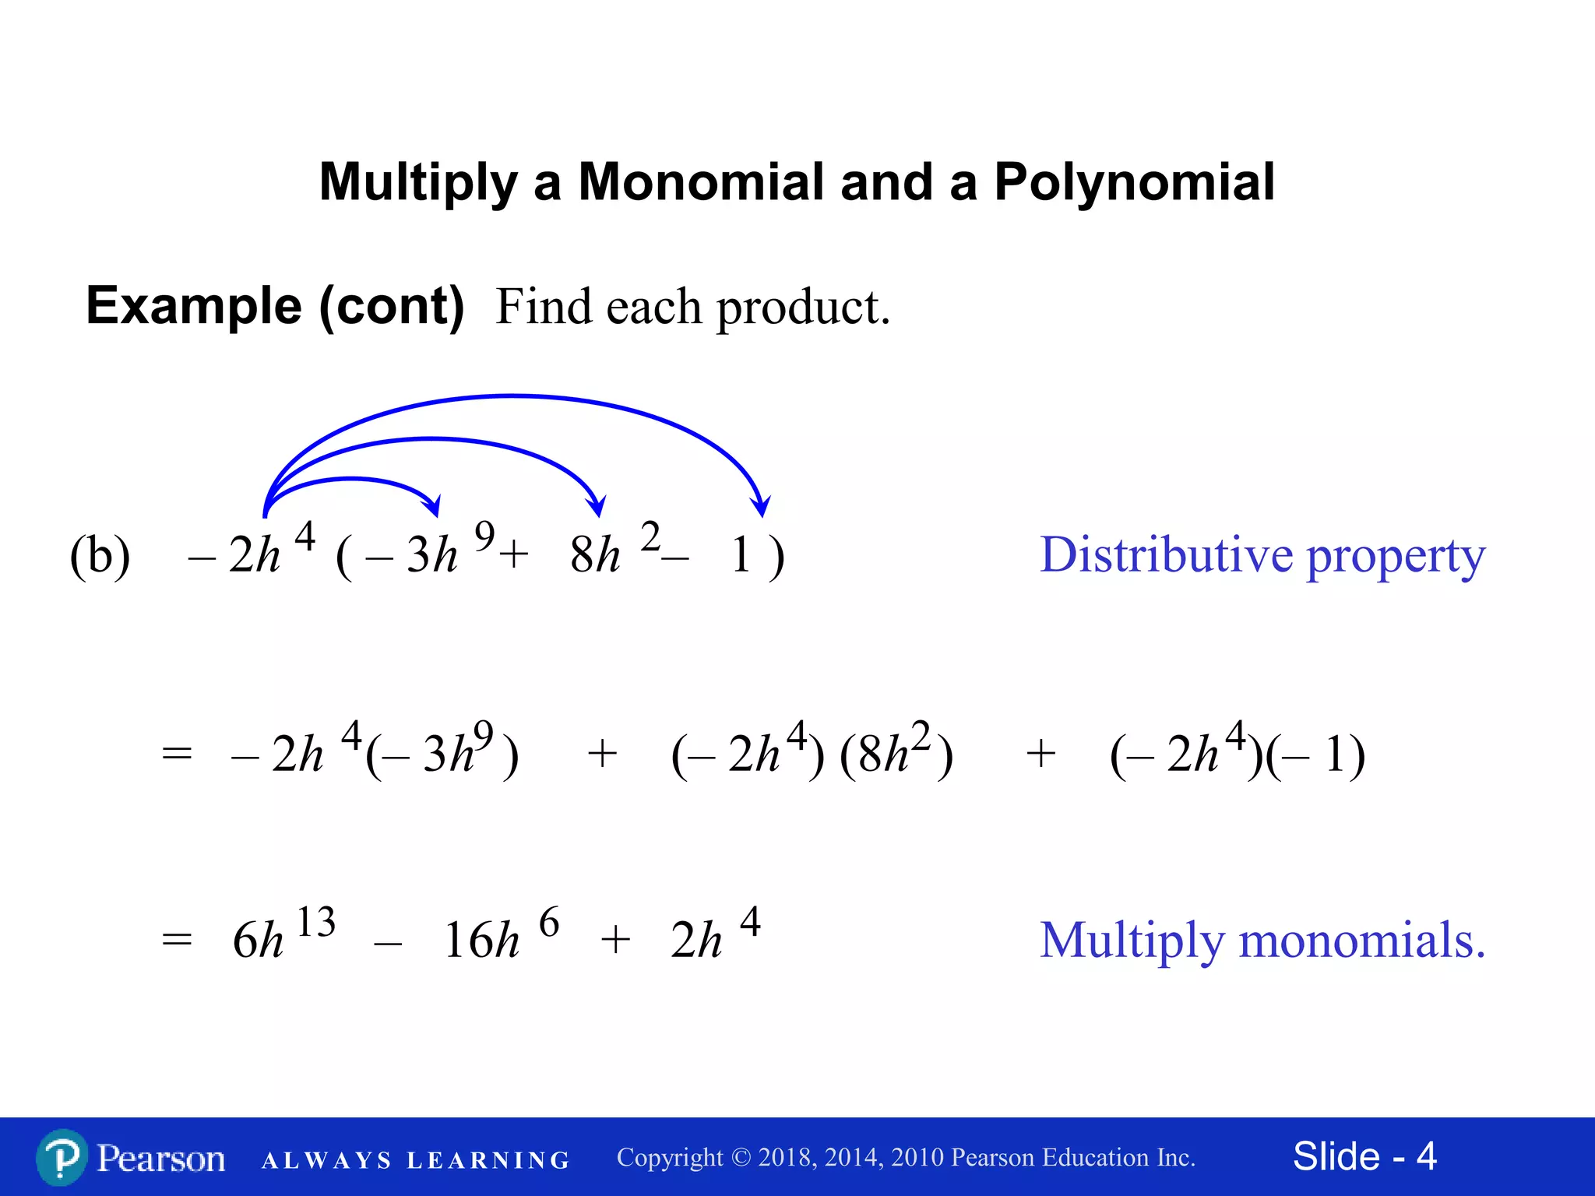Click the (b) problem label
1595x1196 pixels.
100,555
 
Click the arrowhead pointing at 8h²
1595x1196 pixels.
597,508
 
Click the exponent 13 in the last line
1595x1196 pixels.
315,922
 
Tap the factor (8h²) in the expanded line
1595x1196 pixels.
896,753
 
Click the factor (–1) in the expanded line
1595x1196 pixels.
1316,754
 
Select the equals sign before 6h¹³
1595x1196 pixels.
177,940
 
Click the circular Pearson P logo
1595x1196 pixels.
62,1158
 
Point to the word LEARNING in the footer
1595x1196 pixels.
489,1160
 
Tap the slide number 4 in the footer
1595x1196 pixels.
1426,1156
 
